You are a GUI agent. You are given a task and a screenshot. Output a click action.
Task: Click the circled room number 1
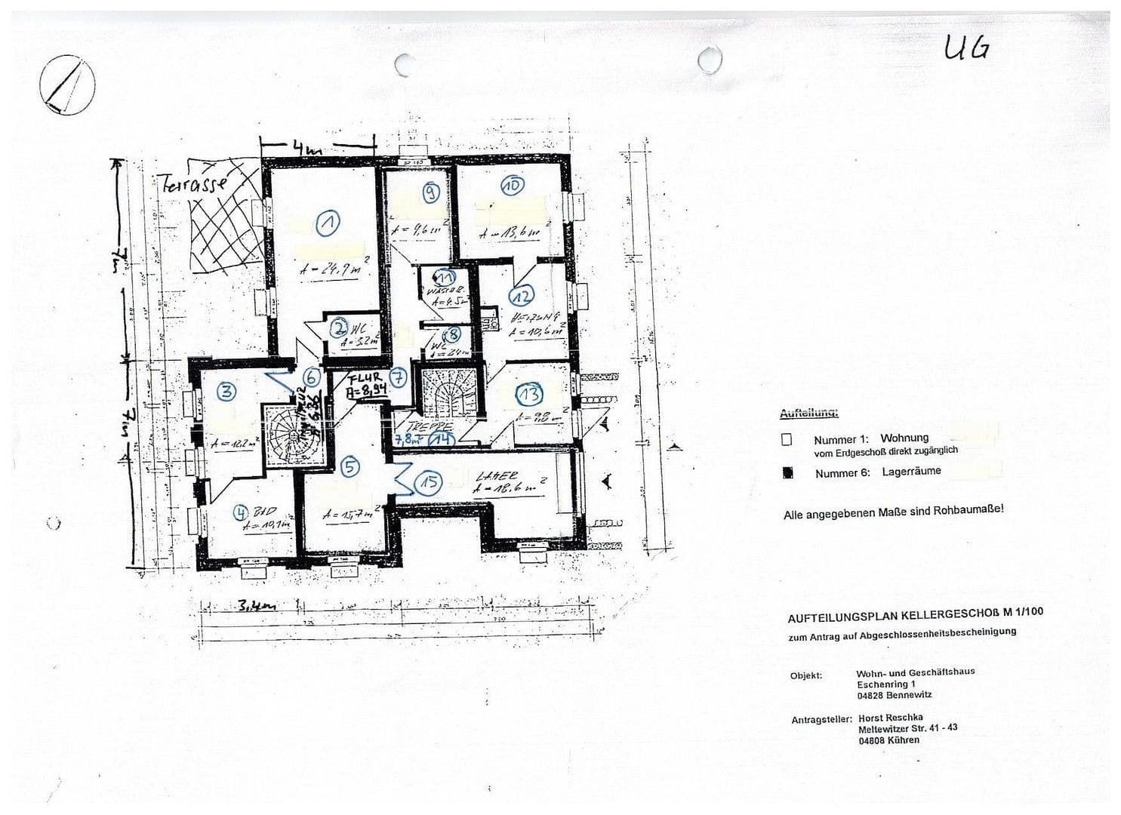point(328,222)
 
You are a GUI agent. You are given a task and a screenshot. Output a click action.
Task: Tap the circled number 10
point(514,186)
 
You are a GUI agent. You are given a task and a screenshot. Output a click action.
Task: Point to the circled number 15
point(429,483)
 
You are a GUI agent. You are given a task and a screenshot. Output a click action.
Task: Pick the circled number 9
point(431,193)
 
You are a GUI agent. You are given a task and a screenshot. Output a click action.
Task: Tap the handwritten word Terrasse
point(193,183)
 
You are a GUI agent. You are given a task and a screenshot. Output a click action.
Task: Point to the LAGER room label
point(497,476)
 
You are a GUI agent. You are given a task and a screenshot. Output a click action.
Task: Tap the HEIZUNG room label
point(534,318)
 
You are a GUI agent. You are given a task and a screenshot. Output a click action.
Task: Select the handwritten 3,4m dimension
point(256,605)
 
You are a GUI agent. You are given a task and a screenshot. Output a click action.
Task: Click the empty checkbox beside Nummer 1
point(787,438)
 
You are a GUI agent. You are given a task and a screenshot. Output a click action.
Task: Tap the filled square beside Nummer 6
point(787,473)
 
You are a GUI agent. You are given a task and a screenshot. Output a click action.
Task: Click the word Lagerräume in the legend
point(911,471)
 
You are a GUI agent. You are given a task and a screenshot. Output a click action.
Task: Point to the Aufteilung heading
point(808,414)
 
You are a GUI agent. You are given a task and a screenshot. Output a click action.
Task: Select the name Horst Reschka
point(890,718)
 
